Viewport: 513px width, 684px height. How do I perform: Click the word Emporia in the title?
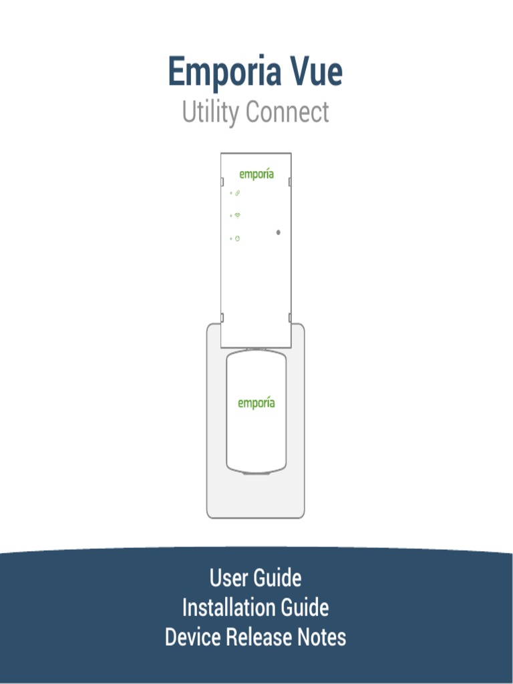pos(214,73)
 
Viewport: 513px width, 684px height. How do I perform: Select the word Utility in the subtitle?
pos(210,112)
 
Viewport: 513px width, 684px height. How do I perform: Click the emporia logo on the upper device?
pos(256,174)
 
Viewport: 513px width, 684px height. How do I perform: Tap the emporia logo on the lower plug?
pos(256,403)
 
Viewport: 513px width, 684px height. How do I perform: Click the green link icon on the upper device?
pos(238,193)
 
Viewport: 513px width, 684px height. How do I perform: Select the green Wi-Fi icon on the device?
pos(238,215)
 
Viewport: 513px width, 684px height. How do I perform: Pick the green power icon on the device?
pos(238,238)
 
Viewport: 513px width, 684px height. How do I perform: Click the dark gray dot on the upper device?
pos(278,232)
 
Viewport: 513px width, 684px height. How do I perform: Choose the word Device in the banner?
pos(192,637)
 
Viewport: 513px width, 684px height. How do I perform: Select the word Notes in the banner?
pos(321,637)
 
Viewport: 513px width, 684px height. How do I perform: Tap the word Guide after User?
pos(277,578)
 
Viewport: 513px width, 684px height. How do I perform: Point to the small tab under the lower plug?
pos(256,473)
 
